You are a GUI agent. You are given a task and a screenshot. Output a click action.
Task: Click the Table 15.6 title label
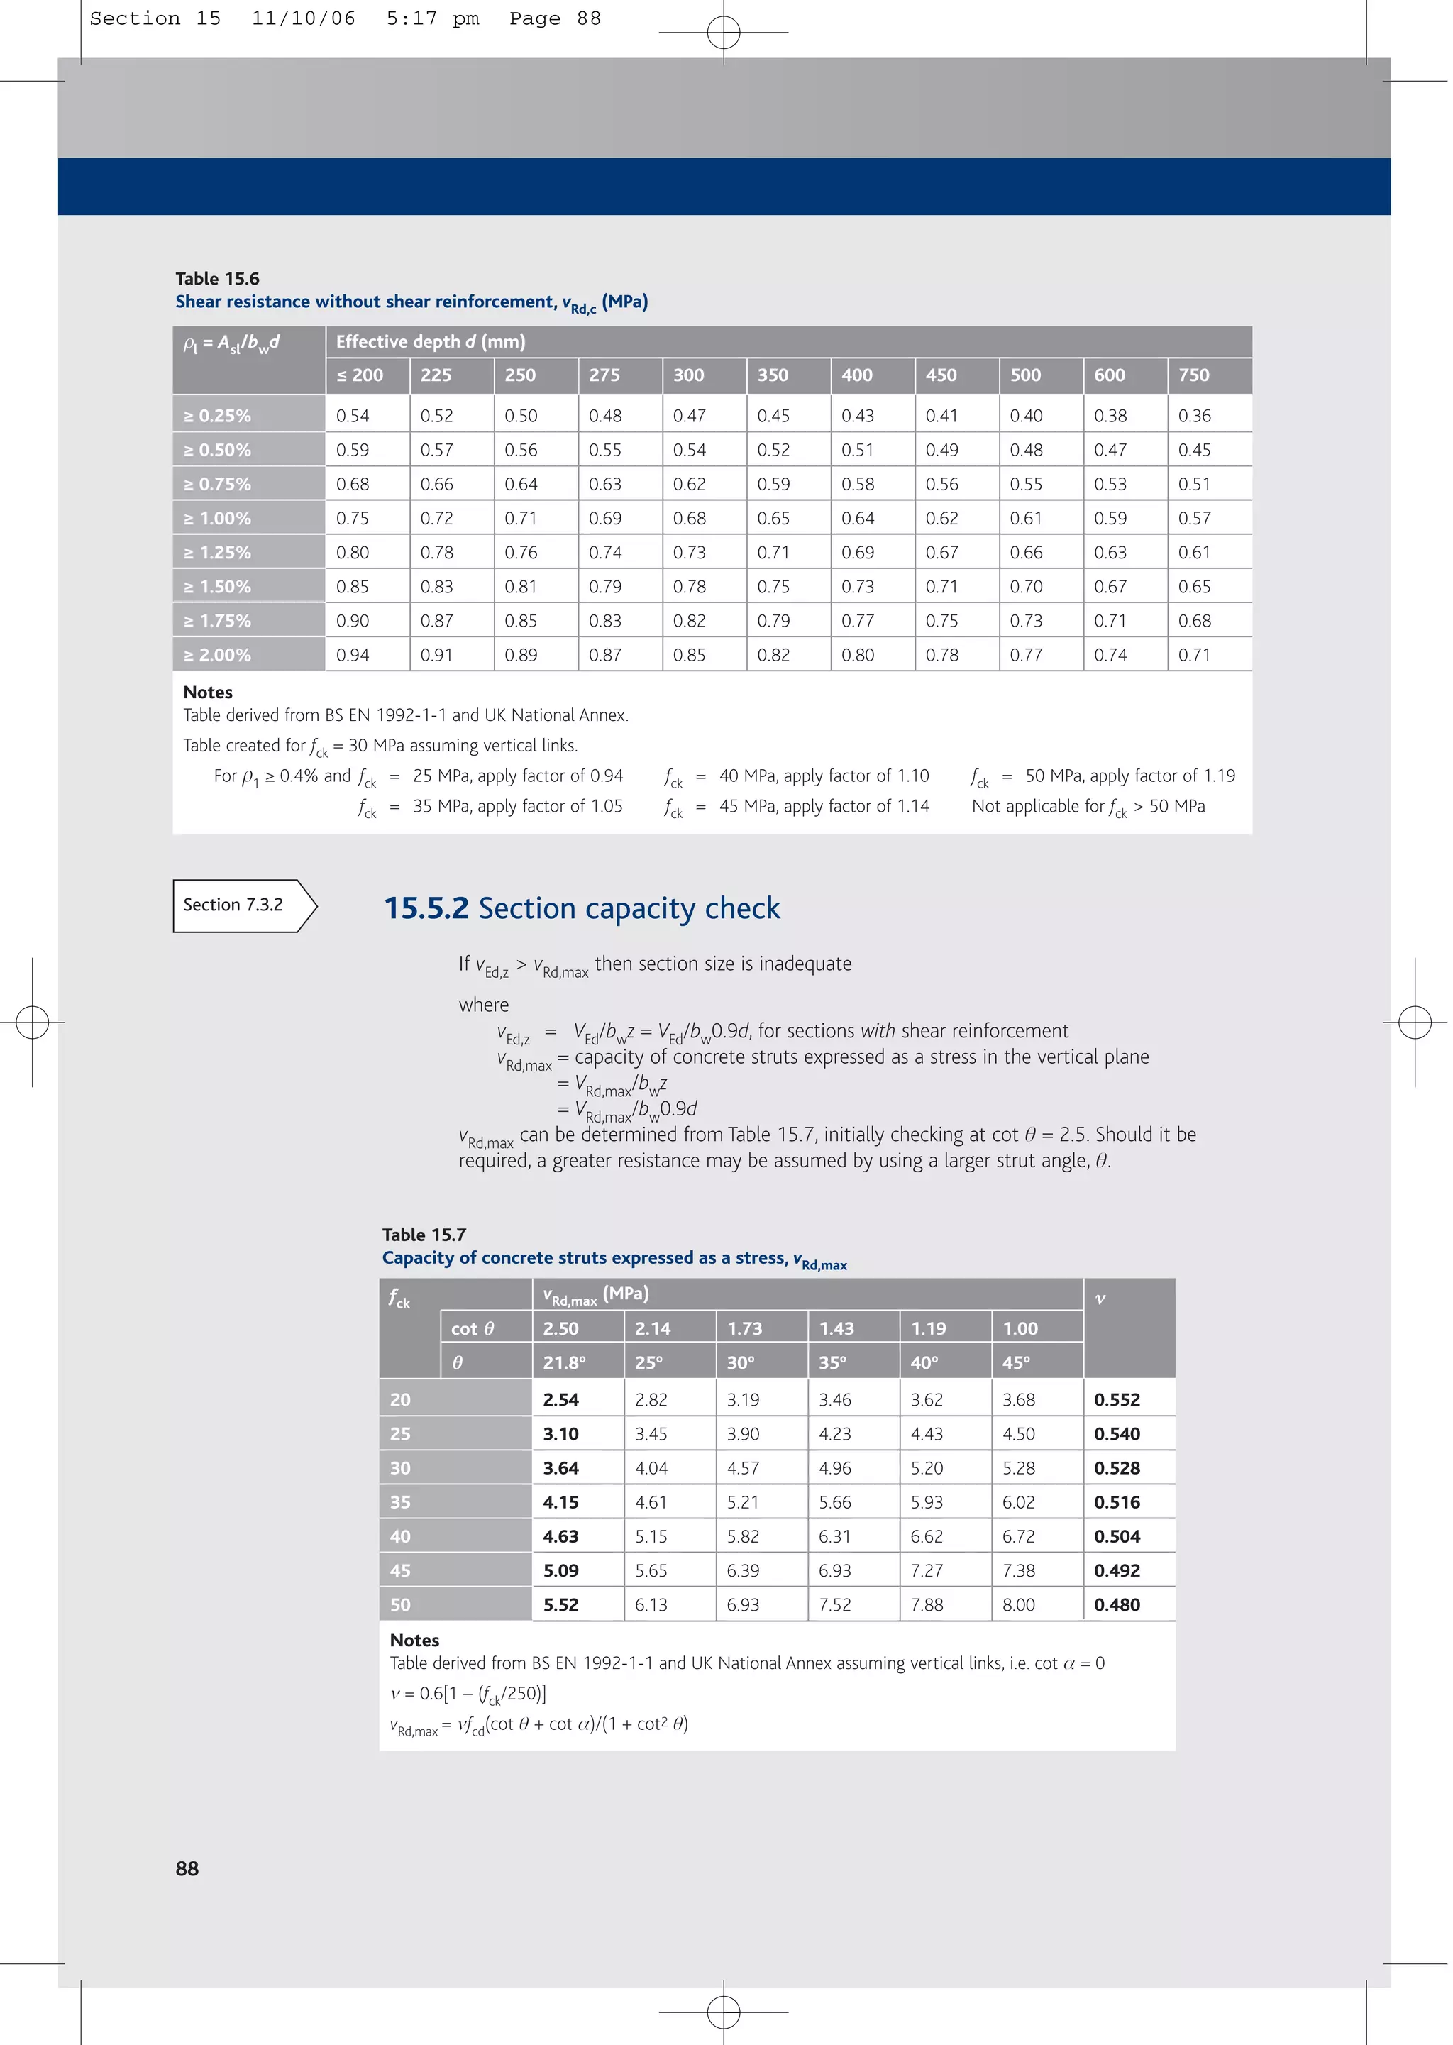[217, 278]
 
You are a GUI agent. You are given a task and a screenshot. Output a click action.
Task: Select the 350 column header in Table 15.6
[773, 375]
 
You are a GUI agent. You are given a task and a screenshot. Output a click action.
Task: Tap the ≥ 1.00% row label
[217, 518]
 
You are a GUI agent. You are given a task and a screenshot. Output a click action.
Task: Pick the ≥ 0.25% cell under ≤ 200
[353, 416]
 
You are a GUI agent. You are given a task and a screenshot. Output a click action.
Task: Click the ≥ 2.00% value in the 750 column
[1195, 655]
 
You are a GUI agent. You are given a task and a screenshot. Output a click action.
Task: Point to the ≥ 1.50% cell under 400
[857, 587]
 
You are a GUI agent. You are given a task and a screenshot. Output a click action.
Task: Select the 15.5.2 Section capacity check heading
[582, 908]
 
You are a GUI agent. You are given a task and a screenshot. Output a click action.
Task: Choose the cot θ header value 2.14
[652, 1328]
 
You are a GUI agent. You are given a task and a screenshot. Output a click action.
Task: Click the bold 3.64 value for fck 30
[561, 1468]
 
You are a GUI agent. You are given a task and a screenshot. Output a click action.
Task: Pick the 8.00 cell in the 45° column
[1018, 1605]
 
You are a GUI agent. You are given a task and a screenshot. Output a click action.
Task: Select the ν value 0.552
[1117, 1400]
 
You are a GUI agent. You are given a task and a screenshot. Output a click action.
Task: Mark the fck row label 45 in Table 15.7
[400, 1571]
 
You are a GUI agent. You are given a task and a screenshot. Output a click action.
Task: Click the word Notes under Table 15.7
[414, 1640]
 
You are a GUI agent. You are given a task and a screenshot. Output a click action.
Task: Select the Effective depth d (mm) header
[431, 342]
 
